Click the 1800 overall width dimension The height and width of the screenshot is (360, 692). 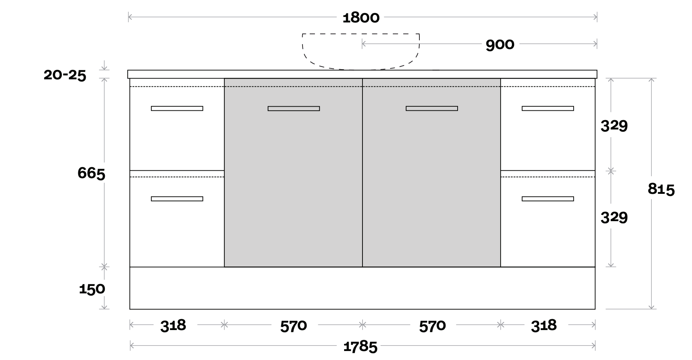(x=361, y=18)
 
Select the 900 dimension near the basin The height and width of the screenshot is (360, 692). (x=500, y=45)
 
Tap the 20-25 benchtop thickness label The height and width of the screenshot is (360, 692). (x=65, y=75)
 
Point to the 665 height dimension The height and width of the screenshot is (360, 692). (x=91, y=173)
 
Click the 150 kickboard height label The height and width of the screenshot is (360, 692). (x=92, y=289)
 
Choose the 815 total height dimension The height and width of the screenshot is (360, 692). (x=661, y=189)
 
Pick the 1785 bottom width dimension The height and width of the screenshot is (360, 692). (x=360, y=347)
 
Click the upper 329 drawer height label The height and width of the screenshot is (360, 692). (x=614, y=126)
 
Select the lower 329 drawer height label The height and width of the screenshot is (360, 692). (x=614, y=217)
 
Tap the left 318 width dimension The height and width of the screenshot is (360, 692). (x=173, y=325)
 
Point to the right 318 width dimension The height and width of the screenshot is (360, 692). (x=543, y=325)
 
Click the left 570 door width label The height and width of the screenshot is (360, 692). (x=293, y=326)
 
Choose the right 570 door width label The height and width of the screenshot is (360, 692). (x=432, y=326)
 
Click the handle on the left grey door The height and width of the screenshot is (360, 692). (x=294, y=109)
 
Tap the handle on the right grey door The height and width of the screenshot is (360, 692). (x=432, y=109)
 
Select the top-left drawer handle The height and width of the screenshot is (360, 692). (x=177, y=109)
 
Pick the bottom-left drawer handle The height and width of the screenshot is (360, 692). (x=177, y=199)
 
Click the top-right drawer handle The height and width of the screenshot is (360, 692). (x=548, y=109)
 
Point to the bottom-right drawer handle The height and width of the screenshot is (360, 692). (x=548, y=199)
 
